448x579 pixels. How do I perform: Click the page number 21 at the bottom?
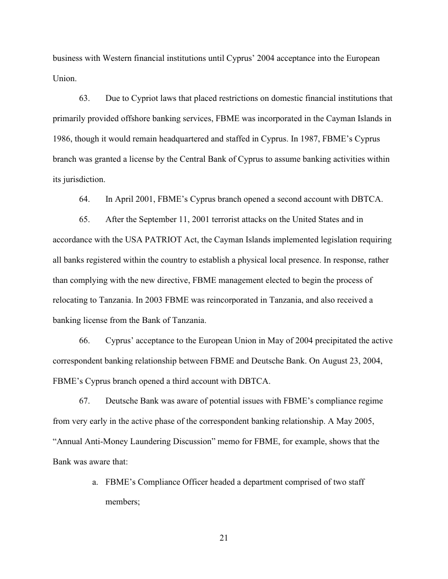tap(223, 537)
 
